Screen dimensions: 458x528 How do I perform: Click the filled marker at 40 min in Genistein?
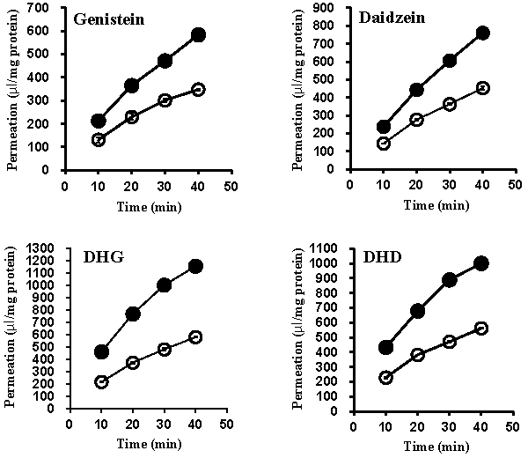pyautogui.click(x=198, y=35)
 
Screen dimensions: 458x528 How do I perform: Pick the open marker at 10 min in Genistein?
pyautogui.click(x=98, y=139)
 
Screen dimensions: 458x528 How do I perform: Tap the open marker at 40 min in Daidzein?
pyautogui.click(x=482, y=88)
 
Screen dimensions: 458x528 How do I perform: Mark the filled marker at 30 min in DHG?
pyautogui.click(x=164, y=285)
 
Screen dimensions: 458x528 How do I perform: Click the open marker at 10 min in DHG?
pyautogui.click(x=101, y=382)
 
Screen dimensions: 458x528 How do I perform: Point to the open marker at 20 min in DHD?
pyautogui.click(x=419, y=355)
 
